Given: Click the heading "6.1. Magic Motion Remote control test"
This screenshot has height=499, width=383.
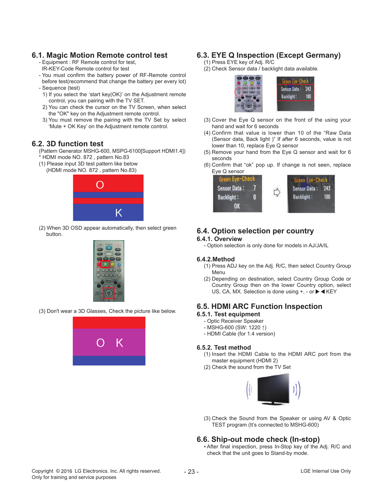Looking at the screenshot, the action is [x=99, y=55].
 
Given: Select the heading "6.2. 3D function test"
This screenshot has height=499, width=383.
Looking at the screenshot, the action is [x=68, y=144].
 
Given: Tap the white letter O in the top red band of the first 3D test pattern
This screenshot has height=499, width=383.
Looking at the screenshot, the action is [x=100, y=185].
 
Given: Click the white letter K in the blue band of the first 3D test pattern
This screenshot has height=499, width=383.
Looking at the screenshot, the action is [x=119, y=213].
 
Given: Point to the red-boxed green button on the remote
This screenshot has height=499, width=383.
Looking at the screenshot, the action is [x=105, y=264].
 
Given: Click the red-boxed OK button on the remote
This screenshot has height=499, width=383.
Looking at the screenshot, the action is [x=109, y=293].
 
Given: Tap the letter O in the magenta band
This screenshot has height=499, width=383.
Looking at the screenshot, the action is [x=100, y=343].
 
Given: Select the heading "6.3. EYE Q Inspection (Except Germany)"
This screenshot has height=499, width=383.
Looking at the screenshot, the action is [x=269, y=55].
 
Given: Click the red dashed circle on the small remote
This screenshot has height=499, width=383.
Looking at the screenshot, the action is [x=239, y=92].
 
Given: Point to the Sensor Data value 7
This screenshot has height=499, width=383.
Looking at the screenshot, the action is [x=254, y=188].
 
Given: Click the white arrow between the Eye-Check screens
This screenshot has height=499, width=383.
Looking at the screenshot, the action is [x=277, y=192].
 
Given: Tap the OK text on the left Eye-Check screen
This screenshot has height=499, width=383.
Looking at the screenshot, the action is [x=237, y=206].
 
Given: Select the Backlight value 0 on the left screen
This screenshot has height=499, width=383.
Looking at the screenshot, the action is [x=254, y=197].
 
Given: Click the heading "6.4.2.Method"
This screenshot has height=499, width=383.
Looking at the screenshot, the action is [x=216, y=259].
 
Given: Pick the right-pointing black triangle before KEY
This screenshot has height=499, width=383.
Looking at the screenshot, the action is [x=317, y=292].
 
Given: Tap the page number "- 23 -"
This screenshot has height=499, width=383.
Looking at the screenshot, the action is [x=191, y=472].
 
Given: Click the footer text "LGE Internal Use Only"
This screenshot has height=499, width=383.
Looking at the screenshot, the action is [x=326, y=471].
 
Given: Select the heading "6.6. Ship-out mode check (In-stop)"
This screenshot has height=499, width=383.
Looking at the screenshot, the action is [x=258, y=439].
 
